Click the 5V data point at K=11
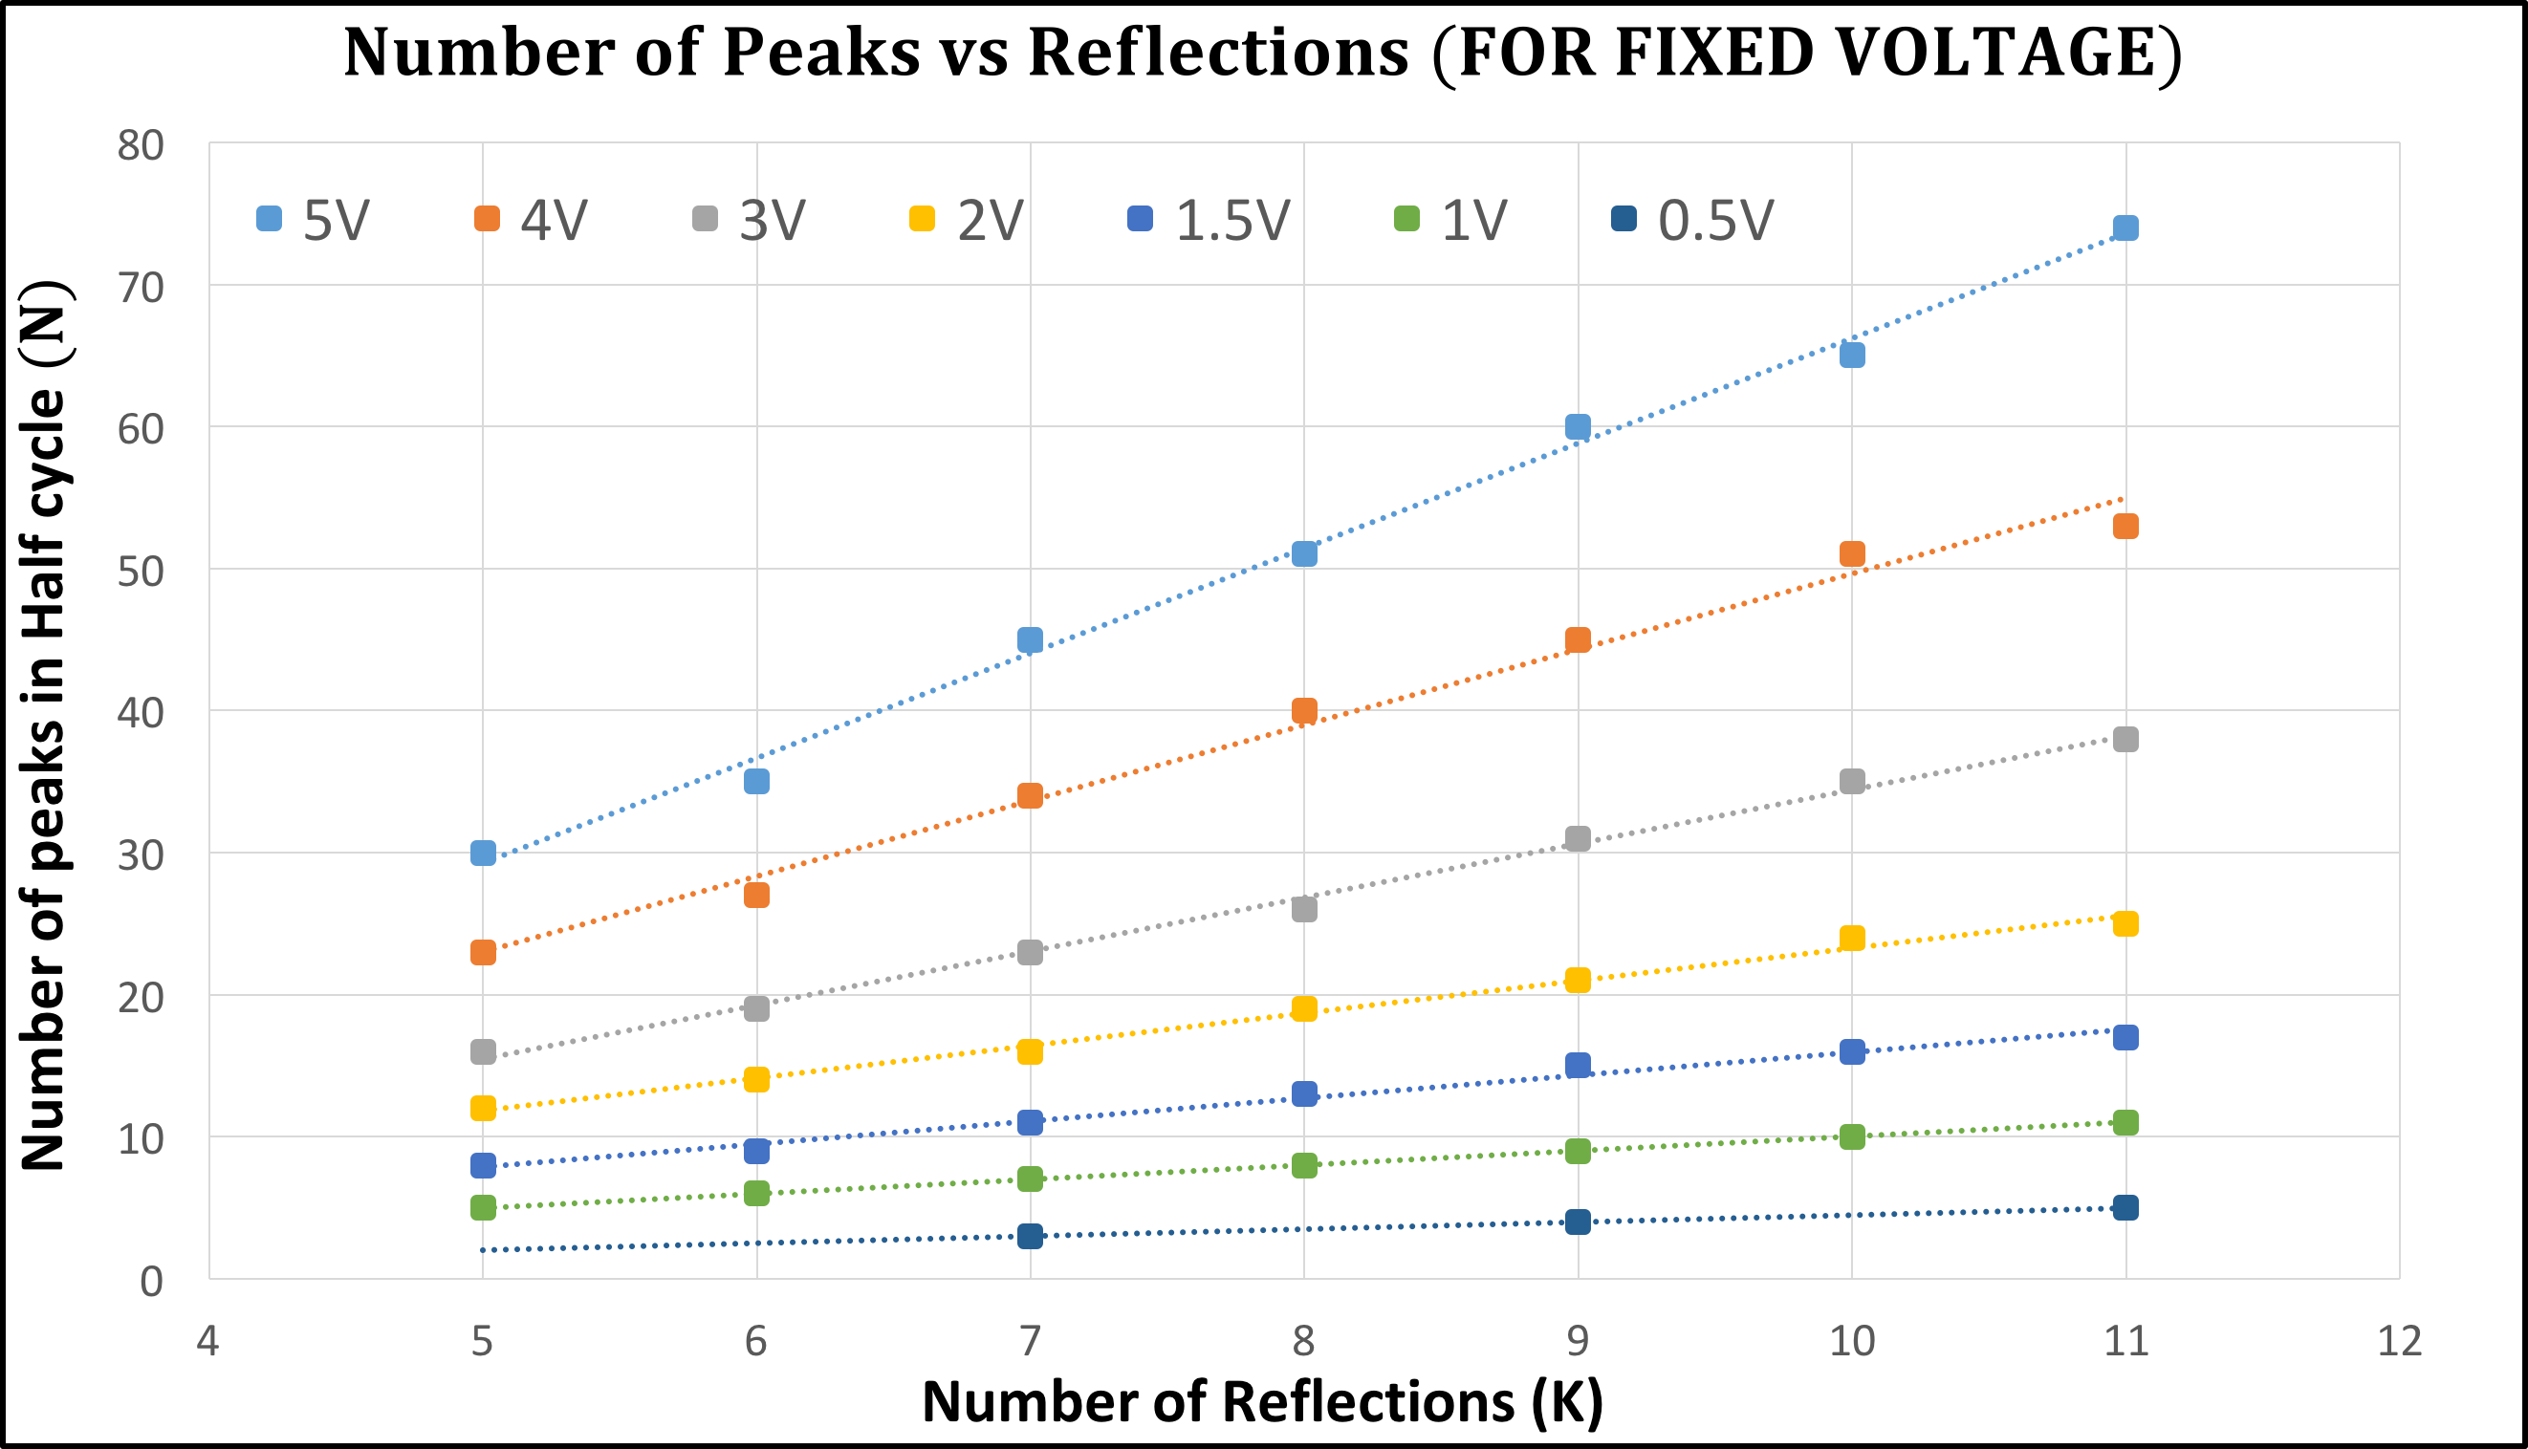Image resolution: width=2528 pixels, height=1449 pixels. [2125, 227]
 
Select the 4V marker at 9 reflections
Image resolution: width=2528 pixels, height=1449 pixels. [1578, 639]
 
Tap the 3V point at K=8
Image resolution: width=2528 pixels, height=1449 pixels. [1304, 909]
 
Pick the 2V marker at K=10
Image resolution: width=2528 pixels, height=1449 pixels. [1851, 938]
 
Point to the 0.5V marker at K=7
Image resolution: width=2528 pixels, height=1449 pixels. [1030, 1236]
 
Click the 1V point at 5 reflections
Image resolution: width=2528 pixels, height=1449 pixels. [483, 1207]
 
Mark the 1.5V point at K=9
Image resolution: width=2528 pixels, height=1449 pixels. [1578, 1065]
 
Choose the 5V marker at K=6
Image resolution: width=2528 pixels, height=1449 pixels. [756, 781]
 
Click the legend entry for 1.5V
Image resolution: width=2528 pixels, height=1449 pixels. [1209, 220]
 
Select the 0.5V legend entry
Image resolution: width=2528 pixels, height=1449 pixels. [1692, 220]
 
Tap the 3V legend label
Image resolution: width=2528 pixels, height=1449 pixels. [773, 220]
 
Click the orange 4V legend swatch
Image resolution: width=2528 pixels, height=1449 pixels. [487, 218]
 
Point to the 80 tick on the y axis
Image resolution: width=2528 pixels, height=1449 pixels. [141, 145]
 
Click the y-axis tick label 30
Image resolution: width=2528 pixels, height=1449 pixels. [141, 854]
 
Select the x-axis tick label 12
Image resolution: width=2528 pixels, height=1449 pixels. [2399, 1342]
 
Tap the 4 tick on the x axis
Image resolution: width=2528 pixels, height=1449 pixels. [207, 1342]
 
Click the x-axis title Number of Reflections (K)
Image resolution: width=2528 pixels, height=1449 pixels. [1263, 1402]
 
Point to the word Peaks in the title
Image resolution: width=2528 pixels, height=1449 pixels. [821, 52]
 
